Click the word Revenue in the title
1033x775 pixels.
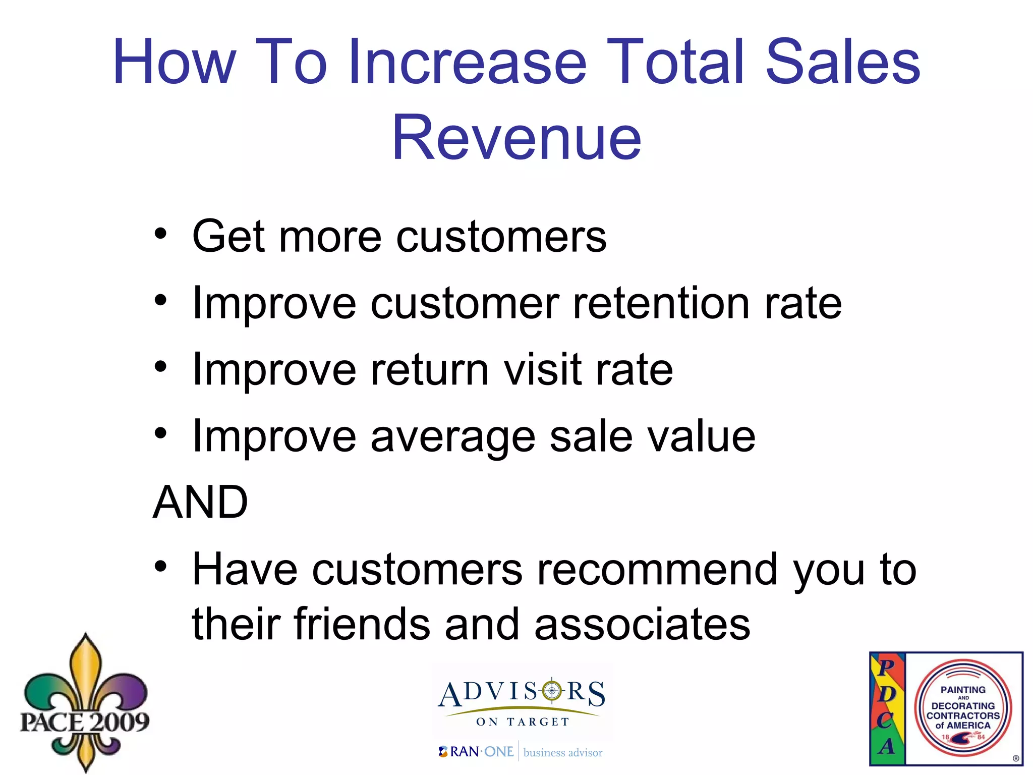point(516,138)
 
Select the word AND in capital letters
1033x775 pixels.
point(200,502)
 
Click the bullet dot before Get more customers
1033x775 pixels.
point(160,234)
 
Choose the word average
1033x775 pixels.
point(453,437)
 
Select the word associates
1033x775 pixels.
point(642,625)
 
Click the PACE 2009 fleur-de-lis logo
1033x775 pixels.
point(85,704)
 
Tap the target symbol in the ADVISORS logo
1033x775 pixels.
point(552,691)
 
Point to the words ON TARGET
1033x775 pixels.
point(523,722)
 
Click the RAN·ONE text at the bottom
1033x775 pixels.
point(481,752)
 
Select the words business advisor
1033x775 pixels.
point(563,753)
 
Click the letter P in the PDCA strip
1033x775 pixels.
point(886,668)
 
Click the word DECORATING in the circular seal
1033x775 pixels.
point(963,706)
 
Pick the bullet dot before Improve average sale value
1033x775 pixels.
point(160,433)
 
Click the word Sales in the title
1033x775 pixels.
point(842,62)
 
